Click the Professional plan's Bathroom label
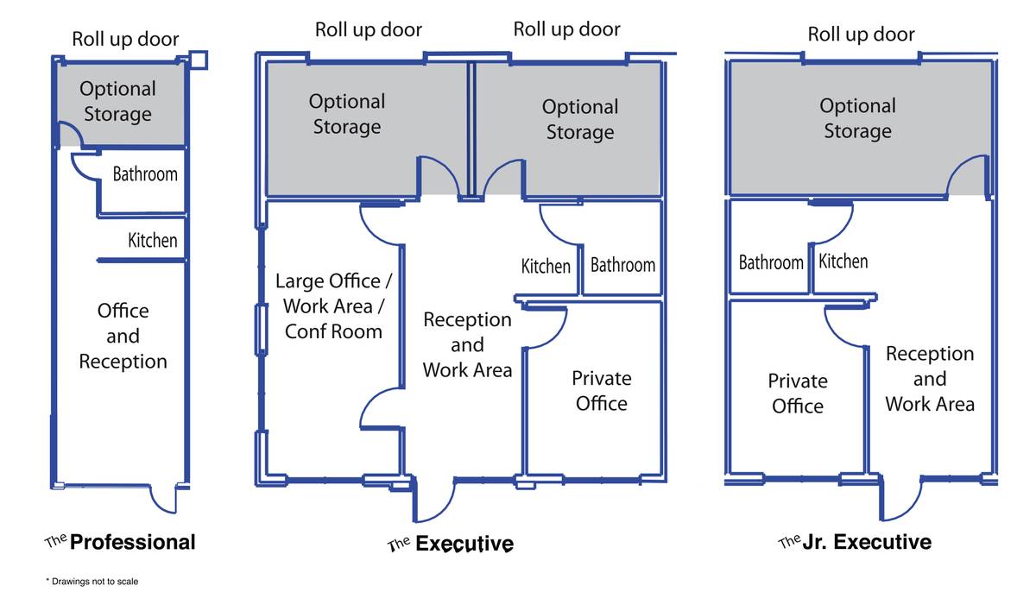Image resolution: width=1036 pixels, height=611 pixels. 145,174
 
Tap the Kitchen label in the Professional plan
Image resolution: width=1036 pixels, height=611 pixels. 153,241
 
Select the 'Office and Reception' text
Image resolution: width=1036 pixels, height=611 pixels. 123,336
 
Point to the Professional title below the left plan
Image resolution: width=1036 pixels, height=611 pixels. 132,542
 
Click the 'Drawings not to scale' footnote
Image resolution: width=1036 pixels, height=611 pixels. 92,582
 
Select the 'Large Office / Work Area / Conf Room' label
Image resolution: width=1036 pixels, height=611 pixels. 332,305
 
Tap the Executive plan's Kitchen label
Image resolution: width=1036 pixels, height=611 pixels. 546,267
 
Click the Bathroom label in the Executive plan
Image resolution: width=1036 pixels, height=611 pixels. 622,265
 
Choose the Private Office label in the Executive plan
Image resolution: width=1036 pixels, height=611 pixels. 601,390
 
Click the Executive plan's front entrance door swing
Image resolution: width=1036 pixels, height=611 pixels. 434,501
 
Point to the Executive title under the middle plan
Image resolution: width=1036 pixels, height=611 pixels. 464,544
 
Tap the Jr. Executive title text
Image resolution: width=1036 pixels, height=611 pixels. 867,542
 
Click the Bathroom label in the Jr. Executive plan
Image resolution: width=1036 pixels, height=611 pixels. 771,261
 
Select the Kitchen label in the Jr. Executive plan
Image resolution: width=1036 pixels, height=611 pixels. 843,261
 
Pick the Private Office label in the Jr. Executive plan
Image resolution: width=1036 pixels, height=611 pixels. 798,394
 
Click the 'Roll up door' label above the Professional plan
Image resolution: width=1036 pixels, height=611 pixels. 125,39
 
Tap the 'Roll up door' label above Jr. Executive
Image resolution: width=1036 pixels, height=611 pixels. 861,35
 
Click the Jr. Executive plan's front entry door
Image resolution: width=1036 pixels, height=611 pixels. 899,499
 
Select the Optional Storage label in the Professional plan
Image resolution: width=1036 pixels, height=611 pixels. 118,102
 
